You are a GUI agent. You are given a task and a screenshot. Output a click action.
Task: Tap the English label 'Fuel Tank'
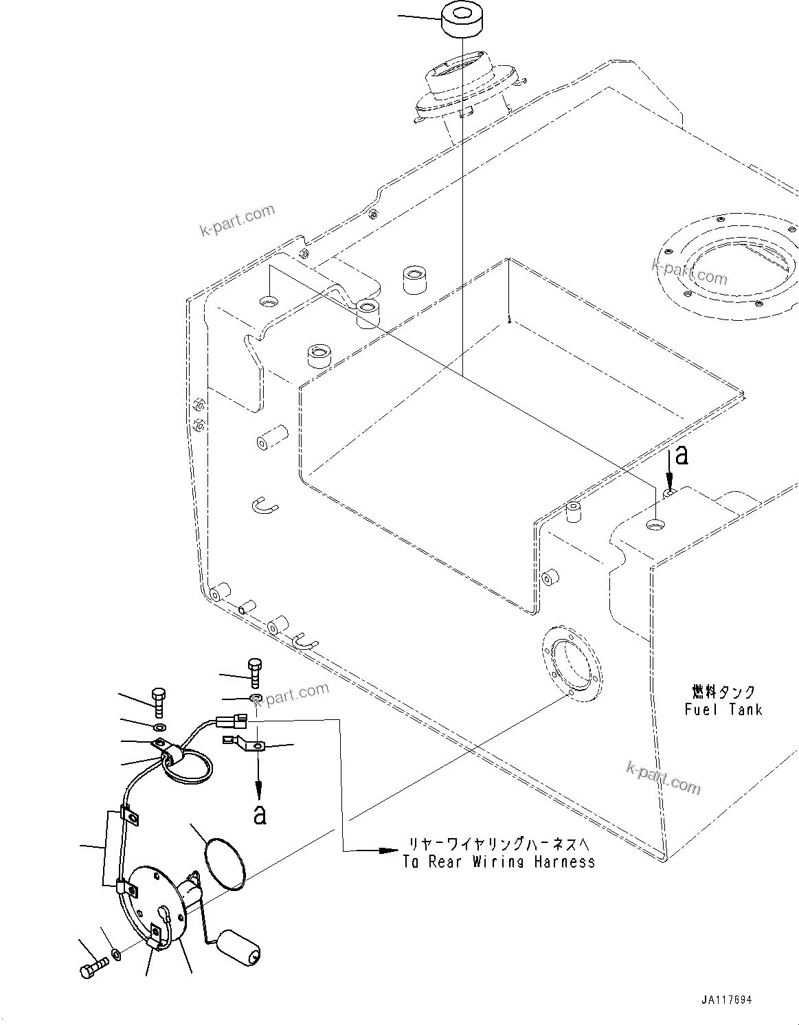pyautogui.click(x=723, y=709)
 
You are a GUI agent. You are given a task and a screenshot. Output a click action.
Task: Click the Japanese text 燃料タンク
pyautogui.click(x=723, y=691)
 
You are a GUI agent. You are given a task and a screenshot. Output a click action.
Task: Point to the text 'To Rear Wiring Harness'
pyautogui.click(x=499, y=861)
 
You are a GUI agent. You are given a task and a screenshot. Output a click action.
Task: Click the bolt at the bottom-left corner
pyautogui.click(x=91, y=969)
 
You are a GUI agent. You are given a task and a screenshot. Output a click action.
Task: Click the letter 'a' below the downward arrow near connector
pyautogui.click(x=259, y=814)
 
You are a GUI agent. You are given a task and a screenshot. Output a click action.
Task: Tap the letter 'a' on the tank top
pyautogui.click(x=681, y=455)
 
